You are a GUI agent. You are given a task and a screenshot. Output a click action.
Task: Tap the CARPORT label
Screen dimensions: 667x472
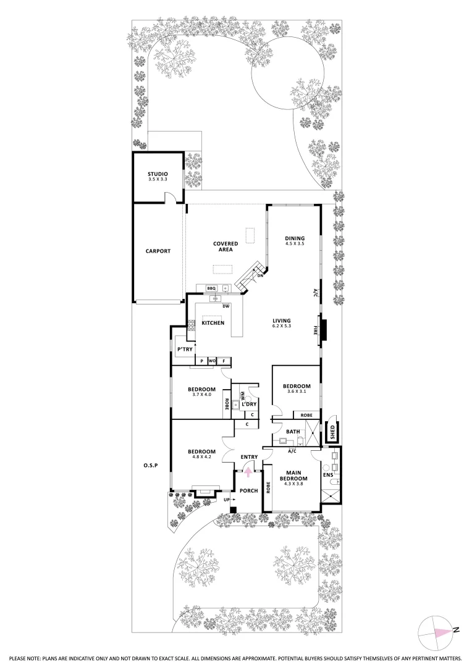(158, 251)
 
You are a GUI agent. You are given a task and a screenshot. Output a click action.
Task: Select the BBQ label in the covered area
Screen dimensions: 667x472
(211, 288)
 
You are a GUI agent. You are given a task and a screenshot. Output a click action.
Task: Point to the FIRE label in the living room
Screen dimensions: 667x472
(316, 330)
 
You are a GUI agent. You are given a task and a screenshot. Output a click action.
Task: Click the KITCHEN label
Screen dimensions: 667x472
(213, 323)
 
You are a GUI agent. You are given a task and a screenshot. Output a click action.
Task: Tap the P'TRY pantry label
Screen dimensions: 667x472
(185, 350)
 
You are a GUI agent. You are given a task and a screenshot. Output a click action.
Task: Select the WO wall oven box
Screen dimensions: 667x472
(212, 361)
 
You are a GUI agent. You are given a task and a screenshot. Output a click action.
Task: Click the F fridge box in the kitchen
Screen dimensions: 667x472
(224, 361)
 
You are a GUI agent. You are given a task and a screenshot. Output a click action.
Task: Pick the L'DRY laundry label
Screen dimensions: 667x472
(250, 404)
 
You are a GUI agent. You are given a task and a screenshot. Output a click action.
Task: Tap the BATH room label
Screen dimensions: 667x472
(292, 431)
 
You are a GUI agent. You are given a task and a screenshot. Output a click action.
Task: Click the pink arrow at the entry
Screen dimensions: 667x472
(248, 472)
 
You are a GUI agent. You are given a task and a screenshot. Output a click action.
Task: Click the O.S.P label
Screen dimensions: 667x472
(150, 465)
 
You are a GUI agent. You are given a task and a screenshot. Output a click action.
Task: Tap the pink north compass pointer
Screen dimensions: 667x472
(442, 632)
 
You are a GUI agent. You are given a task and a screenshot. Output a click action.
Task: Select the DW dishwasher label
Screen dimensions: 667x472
(226, 306)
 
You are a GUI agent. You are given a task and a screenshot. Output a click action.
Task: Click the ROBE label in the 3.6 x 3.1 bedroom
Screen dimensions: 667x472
(306, 416)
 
